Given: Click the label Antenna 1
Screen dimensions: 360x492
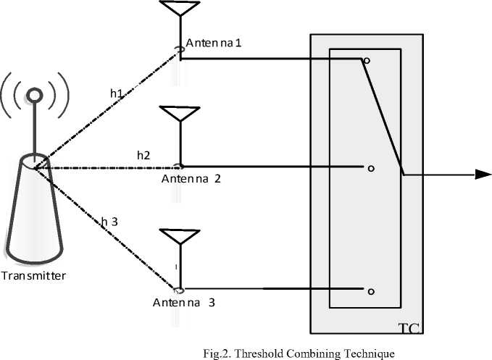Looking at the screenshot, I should [x=214, y=44].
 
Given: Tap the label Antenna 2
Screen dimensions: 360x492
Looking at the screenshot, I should [x=191, y=179].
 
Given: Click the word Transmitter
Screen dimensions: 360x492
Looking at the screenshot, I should [x=33, y=276].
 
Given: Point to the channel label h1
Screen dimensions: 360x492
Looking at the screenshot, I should [x=117, y=93].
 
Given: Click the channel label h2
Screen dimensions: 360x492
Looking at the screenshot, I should [x=143, y=155].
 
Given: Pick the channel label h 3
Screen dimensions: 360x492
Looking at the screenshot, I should [x=110, y=222].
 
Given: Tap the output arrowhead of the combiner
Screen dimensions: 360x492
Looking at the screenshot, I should [x=482, y=174].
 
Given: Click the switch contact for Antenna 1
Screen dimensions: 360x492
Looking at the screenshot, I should [x=367, y=62].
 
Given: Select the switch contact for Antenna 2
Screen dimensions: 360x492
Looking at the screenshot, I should [x=370, y=169].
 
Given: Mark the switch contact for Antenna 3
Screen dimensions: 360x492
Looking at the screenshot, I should [x=370, y=291].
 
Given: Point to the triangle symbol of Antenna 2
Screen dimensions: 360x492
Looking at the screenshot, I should [x=178, y=114].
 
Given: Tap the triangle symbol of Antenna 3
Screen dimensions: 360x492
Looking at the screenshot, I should [x=178, y=236].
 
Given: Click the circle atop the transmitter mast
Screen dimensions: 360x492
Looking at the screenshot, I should [x=33, y=95].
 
